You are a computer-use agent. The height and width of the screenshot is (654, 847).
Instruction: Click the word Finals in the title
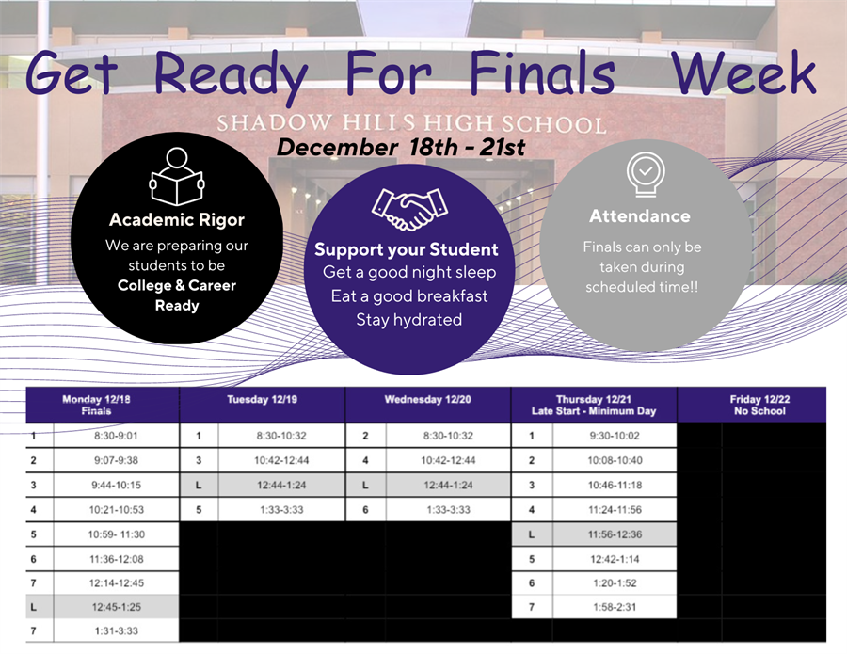pos(542,73)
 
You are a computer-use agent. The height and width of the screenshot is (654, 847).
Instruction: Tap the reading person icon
pos(177,176)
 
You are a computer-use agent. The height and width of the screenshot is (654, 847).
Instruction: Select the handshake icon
pos(409,209)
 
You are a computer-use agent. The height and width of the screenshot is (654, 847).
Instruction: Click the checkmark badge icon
pos(646,175)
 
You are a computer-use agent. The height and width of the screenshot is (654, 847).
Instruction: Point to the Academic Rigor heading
pos(177,220)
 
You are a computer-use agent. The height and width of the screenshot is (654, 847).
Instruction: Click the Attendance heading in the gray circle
pos(640,216)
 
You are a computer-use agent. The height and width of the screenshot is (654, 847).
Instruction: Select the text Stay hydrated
pos(409,320)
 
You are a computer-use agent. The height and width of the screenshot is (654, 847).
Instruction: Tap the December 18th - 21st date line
pos(400,147)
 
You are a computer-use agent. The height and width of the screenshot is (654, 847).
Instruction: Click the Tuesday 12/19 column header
pos(262,400)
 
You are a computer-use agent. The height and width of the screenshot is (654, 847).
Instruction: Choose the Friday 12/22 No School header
pos(759,405)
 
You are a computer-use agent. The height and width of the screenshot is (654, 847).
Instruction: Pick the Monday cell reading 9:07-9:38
pos(116,461)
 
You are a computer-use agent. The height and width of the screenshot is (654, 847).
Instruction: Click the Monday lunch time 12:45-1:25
pos(116,607)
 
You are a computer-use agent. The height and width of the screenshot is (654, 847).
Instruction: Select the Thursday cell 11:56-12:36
pos(615,534)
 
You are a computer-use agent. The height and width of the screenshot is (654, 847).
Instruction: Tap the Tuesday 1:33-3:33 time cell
pos(281,510)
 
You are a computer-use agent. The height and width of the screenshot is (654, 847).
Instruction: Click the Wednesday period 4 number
pos(366,461)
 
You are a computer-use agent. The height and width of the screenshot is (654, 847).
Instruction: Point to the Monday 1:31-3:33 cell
pos(116,630)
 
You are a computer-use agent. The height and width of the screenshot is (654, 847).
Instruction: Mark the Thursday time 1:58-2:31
pos(615,607)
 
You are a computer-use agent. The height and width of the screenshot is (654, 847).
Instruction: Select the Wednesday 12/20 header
pos(428,400)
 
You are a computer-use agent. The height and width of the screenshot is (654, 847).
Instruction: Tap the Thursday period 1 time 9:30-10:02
pos(615,436)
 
